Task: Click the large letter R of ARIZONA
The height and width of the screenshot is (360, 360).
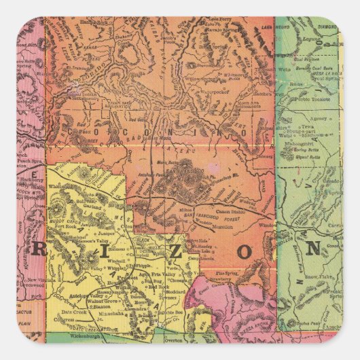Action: [39, 249]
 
